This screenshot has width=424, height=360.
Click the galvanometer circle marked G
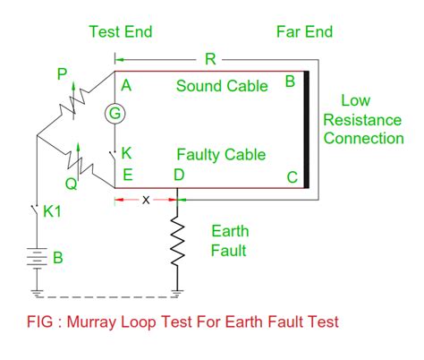click(114, 113)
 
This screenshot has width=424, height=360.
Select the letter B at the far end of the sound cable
click(289, 82)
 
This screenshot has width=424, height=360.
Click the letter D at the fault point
click(179, 176)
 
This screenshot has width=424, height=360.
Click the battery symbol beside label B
click(36, 258)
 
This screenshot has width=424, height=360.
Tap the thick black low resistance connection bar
click(307, 130)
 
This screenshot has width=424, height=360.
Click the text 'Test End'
click(121, 32)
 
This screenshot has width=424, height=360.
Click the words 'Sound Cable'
click(221, 86)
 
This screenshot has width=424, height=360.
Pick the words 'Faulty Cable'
click(221, 155)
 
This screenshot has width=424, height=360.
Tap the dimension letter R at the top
click(210, 58)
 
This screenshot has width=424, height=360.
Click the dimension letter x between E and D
click(146, 198)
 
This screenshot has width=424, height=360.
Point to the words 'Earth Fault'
click(231, 240)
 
